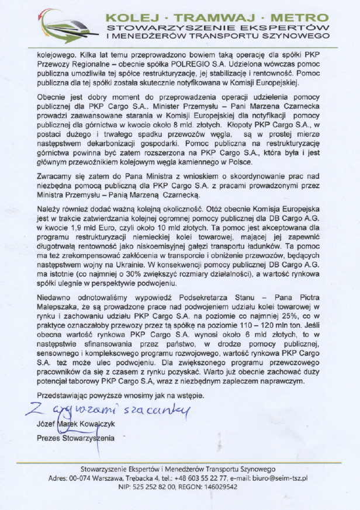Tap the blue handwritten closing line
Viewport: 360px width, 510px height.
(x=105, y=411)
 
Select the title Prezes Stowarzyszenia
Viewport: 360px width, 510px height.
(x=75, y=438)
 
